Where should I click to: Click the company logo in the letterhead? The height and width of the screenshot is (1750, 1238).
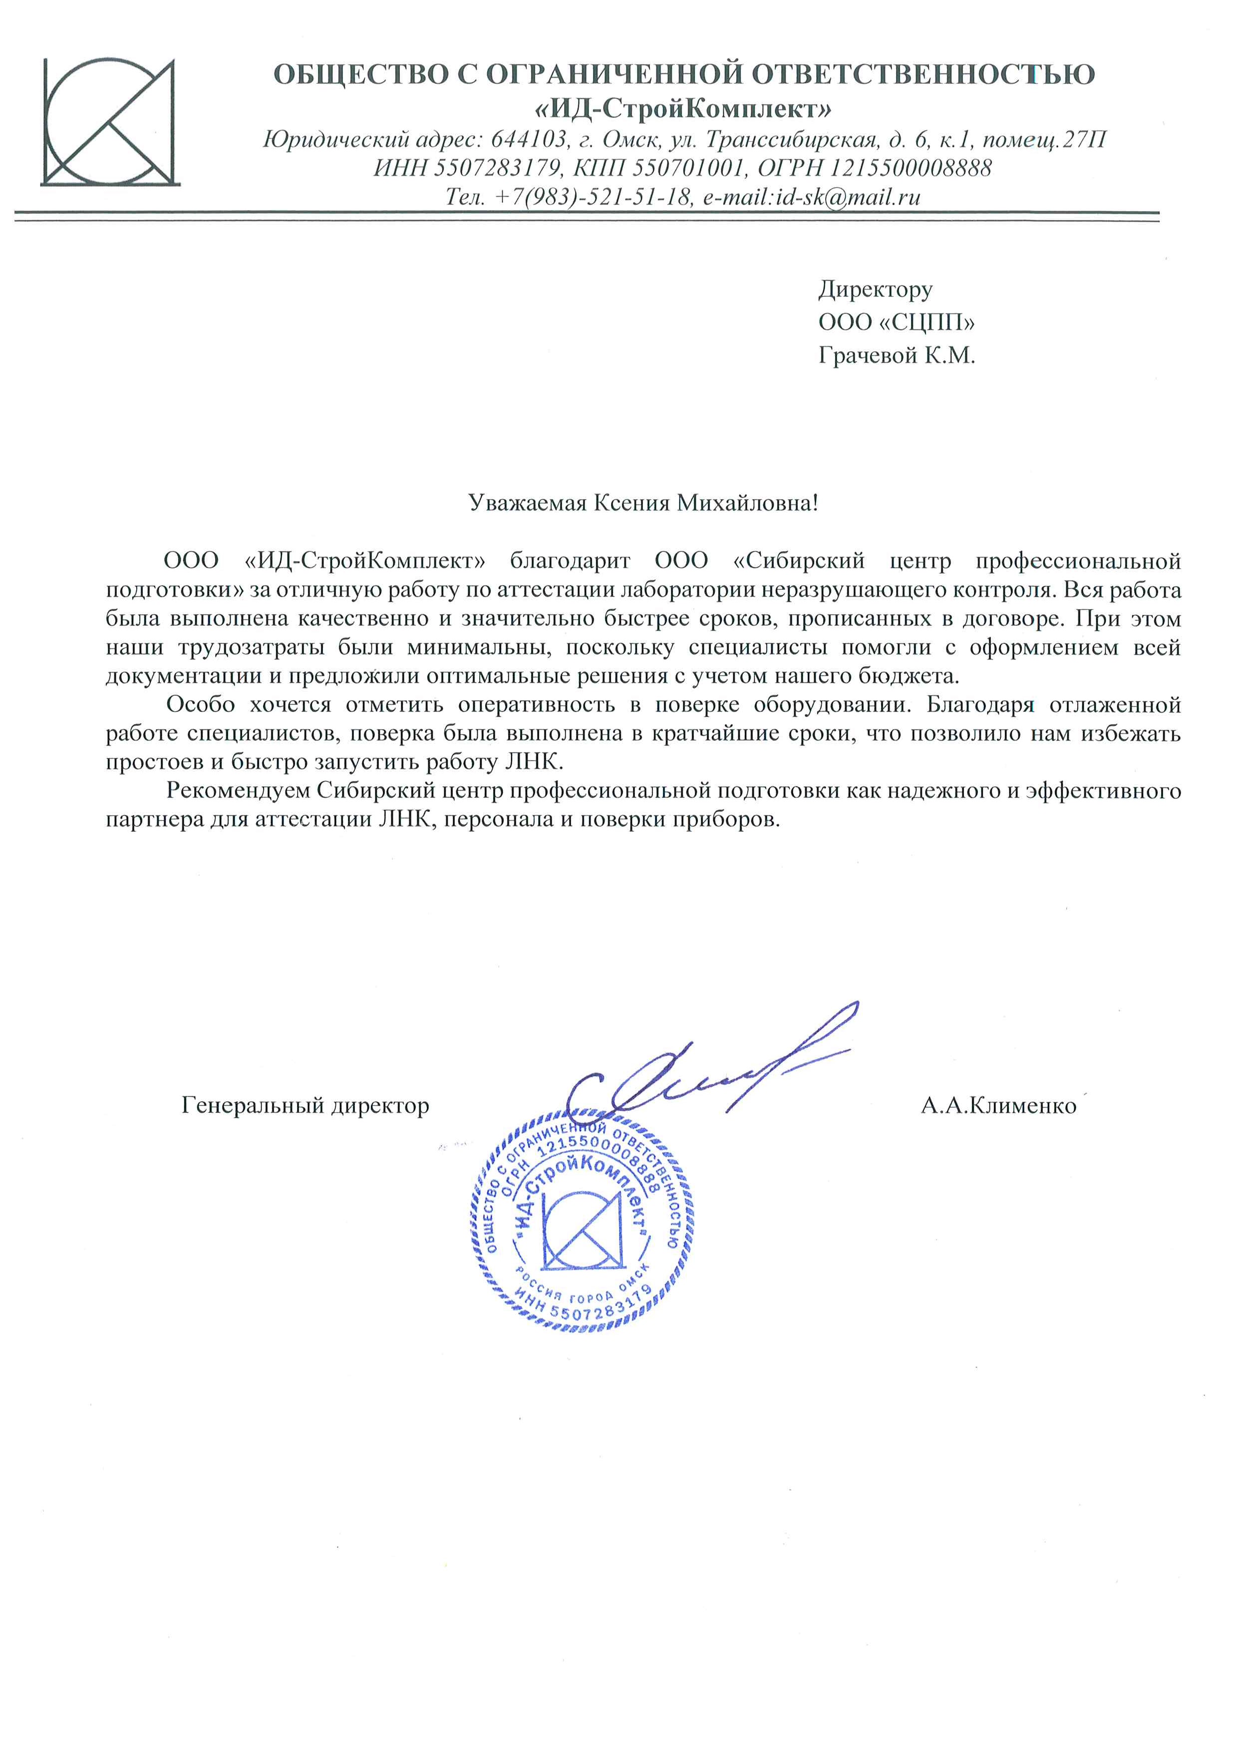click(110, 122)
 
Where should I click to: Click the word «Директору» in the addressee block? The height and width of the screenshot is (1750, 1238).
click(875, 289)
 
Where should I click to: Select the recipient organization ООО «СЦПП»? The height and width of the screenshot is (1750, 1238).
click(897, 322)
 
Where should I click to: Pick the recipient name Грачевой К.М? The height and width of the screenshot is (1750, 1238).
click(897, 355)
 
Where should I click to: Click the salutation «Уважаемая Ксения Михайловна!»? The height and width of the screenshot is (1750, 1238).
click(642, 503)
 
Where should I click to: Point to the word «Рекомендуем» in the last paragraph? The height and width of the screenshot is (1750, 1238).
click(238, 790)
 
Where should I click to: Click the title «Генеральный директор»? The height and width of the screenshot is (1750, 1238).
click(305, 1105)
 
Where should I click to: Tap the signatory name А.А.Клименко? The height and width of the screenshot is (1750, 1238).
click(998, 1105)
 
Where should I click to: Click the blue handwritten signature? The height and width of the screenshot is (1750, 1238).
click(709, 1067)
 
